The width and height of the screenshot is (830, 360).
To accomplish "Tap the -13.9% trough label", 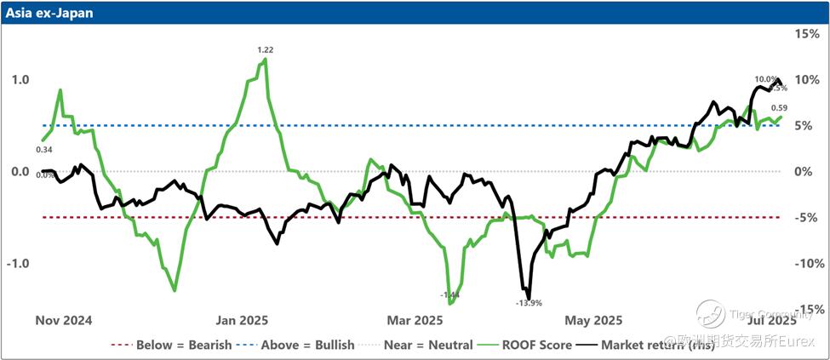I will tap(529, 302).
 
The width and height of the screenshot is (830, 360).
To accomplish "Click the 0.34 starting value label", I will tap(43, 150).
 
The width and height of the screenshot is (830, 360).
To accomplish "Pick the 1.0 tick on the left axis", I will tap(20, 80).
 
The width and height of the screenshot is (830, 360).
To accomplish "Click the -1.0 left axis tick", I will tap(18, 264).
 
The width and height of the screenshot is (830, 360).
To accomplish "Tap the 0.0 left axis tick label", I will tap(20, 172).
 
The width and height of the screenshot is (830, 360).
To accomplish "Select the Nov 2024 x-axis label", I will tap(63, 321).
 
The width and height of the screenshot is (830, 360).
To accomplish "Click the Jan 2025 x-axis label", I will tap(242, 321).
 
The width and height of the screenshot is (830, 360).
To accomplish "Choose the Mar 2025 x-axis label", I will tap(415, 321).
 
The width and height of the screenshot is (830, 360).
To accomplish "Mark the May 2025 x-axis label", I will tap(593, 321).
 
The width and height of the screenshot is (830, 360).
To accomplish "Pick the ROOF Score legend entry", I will tap(537, 346).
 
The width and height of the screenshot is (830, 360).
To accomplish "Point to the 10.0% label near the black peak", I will tap(765, 79).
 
